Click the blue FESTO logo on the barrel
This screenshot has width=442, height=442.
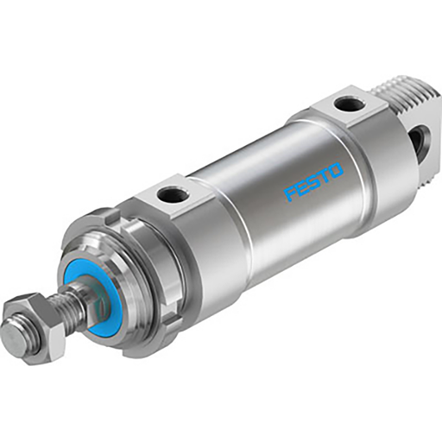[313, 180]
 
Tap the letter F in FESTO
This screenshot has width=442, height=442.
[291, 193]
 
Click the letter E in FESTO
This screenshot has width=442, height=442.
[302, 187]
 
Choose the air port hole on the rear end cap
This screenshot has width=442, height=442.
[349, 104]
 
